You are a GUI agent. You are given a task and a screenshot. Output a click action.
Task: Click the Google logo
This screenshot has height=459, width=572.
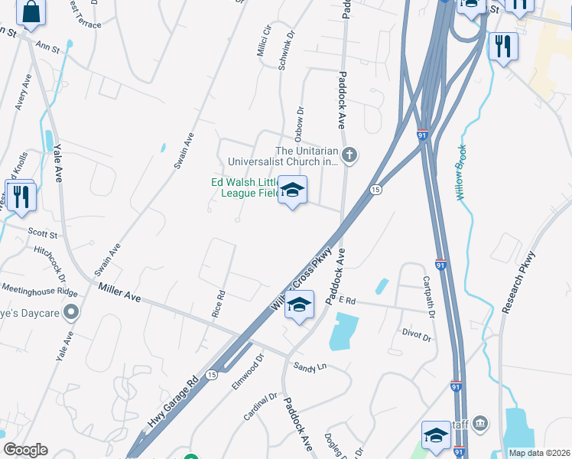25,451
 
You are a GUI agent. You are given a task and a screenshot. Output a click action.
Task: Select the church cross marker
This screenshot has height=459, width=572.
349,156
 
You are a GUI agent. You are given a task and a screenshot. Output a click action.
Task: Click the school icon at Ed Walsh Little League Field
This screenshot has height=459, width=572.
291,190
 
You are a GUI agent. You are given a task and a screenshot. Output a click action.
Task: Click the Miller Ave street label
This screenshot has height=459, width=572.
120,291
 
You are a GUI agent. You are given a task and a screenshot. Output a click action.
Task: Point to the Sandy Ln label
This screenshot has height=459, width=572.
310,367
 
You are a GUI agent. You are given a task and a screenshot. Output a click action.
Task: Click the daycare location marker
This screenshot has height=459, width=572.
71,311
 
